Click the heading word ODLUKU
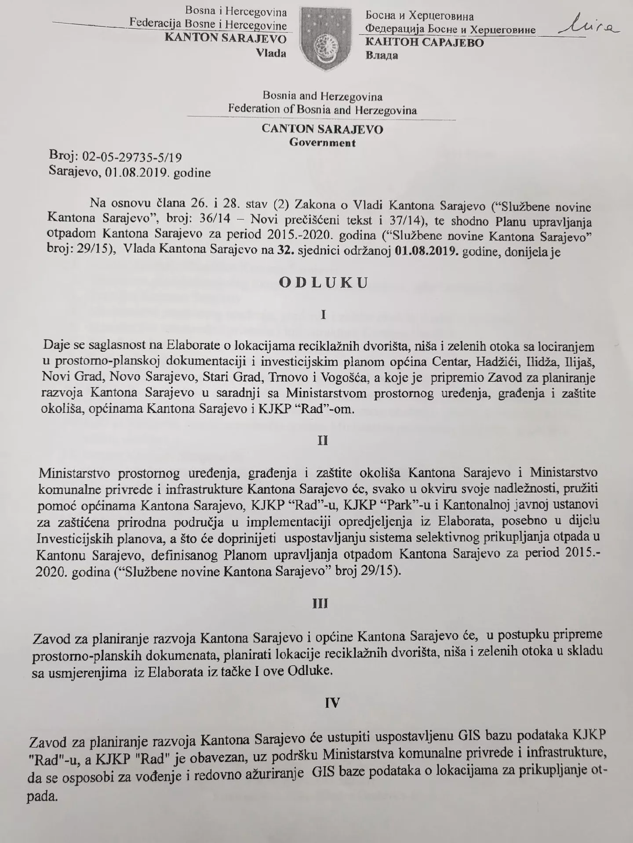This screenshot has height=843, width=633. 323,283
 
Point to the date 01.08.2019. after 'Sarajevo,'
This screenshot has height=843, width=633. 138,173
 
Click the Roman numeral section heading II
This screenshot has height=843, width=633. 323,441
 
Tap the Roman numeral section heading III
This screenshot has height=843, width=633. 320,604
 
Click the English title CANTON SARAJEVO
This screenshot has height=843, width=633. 322,129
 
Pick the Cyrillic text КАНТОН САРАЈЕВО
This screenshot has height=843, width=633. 424,43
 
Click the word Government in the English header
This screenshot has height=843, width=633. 322,143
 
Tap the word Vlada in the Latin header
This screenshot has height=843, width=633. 271,53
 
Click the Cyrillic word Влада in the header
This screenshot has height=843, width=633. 382,56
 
